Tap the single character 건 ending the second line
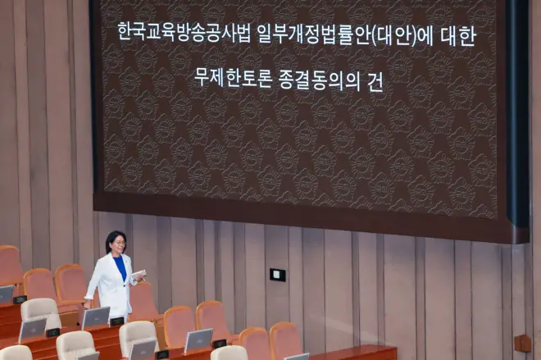click(x=375, y=80)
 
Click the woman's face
click(x=116, y=246)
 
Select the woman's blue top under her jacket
click(x=121, y=267)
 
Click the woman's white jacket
click(x=107, y=283)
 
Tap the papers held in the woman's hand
click(x=139, y=274)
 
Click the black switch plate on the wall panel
click(x=278, y=275)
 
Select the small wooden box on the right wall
click(x=521, y=344)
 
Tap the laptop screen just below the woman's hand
click(x=96, y=317)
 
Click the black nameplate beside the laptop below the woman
click(x=117, y=321)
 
